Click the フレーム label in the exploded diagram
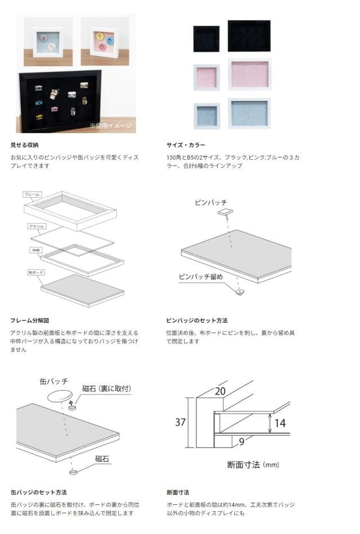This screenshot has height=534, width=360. pos(32,194)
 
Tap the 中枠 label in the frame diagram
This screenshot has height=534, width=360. pos(35,249)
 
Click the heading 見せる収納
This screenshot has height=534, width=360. pos(25,145)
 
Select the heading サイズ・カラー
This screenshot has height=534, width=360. pos(186,145)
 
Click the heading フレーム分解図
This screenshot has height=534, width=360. pos(30,320)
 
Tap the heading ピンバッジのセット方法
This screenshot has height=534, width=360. pos(197,320)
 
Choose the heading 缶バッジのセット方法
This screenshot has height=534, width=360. pos(38,492)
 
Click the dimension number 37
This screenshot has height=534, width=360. pos(180,422)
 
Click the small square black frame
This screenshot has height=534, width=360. pos(206,39)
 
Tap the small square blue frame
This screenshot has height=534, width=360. pos(206,116)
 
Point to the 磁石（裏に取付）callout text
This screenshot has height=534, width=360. pos(106,388)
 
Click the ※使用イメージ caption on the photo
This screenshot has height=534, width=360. pos(111,125)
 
